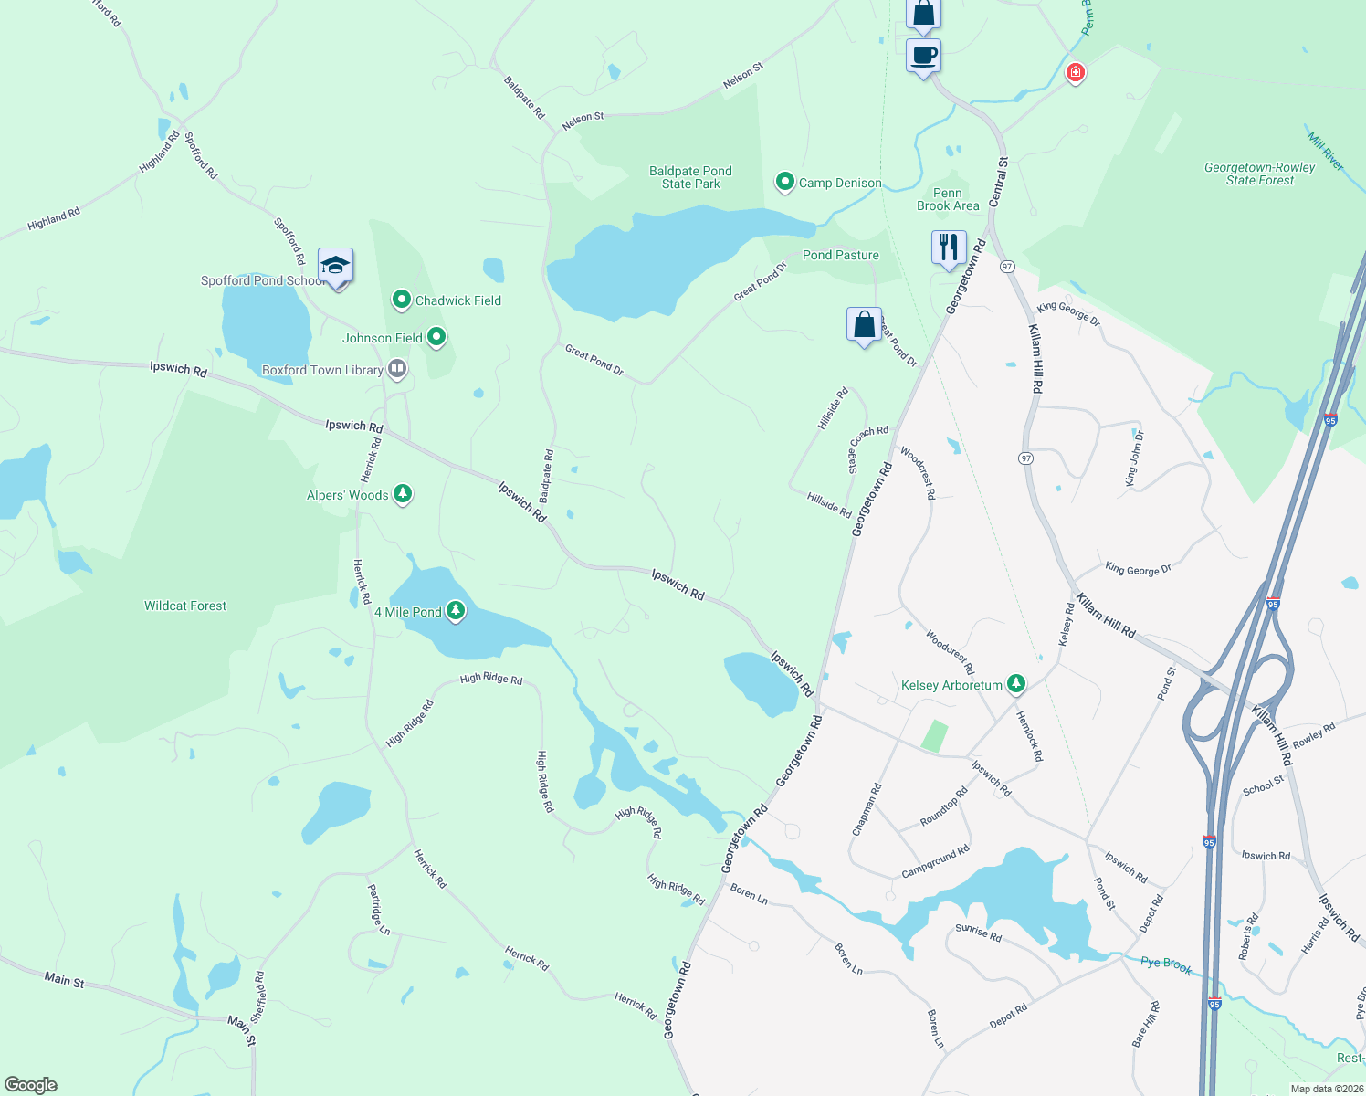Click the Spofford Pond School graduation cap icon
click(335, 266)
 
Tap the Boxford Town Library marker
click(397, 369)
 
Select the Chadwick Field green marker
click(401, 300)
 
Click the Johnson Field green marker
click(436, 337)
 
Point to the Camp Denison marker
click(784, 182)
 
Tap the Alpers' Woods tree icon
click(403, 494)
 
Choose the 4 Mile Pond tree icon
click(455, 611)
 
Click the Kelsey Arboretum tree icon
click(1015, 684)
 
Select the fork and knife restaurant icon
click(949, 248)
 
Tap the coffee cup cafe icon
click(923, 56)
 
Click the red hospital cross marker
click(1075, 72)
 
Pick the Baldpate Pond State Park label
click(690, 177)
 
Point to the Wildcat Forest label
click(185, 606)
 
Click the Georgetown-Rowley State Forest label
click(1259, 174)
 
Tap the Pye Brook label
click(1166, 964)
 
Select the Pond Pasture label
click(840, 255)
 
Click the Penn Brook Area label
click(948, 199)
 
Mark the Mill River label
click(1325, 151)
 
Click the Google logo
click(30, 1084)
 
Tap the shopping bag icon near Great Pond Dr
click(864, 324)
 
